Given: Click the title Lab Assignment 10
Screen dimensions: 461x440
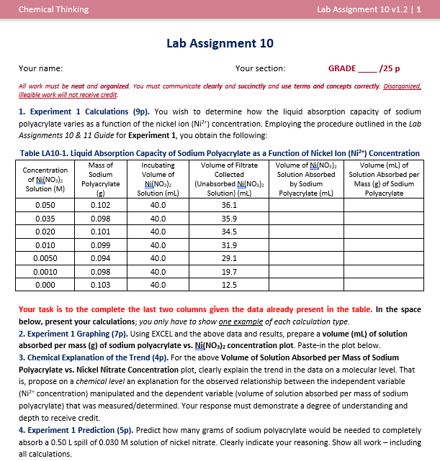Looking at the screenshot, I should tap(220, 43).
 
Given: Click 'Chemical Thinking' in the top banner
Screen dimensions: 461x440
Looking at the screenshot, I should tap(53, 9).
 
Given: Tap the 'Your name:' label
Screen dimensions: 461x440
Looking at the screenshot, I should tap(40, 68).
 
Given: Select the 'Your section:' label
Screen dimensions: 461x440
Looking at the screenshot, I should tap(260, 68).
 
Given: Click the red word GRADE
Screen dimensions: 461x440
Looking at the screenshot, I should tap(341, 68).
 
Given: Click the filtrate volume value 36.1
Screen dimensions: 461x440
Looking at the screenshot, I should tap(229, 205).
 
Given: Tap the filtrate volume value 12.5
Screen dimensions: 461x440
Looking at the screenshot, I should tap(229, 285).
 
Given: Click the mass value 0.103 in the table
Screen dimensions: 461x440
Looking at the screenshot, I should tap(100, 285).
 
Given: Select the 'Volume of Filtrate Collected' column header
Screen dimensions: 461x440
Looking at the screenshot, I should tap(229, 179).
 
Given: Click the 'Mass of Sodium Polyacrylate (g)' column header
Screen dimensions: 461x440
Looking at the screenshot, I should tap(100, 179).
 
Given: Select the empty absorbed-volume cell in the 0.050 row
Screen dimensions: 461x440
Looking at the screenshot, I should tap(305, 205).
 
